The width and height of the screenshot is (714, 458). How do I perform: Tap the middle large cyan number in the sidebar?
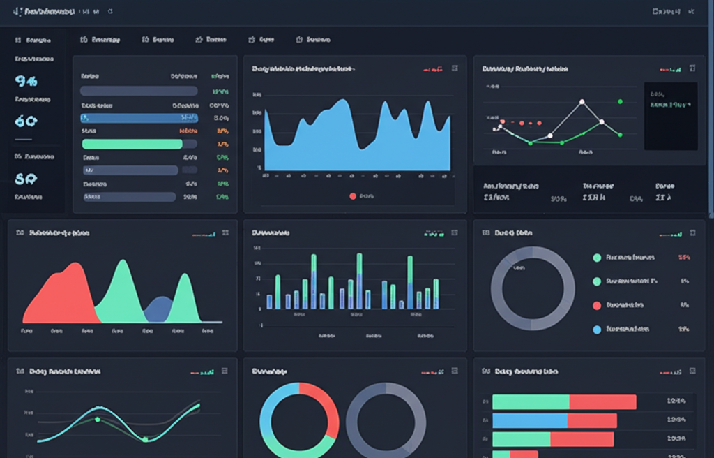25,121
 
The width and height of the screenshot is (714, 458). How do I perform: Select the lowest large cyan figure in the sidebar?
25,179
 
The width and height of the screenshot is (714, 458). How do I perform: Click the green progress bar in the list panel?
132,144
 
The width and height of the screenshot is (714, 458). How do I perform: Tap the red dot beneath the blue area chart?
352,196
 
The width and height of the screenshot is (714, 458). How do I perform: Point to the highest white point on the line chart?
582,102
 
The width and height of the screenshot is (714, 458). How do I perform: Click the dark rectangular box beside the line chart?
670,116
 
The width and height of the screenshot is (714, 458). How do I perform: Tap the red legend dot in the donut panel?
596,305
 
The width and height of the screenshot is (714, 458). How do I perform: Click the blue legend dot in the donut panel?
596,329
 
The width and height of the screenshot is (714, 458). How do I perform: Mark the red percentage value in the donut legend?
683,258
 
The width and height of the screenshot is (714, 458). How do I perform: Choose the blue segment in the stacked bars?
529,420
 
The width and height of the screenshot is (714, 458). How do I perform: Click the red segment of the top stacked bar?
602,402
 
